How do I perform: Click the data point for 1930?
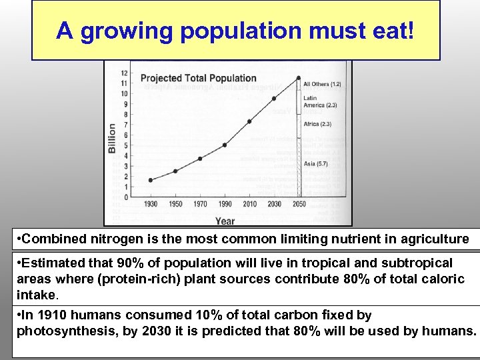(x=151, y=180)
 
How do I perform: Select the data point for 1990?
(x=225, y=145)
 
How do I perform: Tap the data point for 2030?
(x=274, y=99)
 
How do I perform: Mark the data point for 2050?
(x=299, y=78)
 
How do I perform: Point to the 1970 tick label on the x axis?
(x=200, y=204)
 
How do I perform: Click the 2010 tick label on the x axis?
(x=249, y=204)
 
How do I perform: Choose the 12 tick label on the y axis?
(x=124, y=73)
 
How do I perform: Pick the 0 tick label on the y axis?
(x=125, y=197)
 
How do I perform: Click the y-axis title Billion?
(x=112, y=138)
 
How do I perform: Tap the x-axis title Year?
(x=225, y=221)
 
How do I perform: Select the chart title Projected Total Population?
(x=198, y=79)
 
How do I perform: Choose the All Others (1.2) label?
(x=322, y=85)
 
